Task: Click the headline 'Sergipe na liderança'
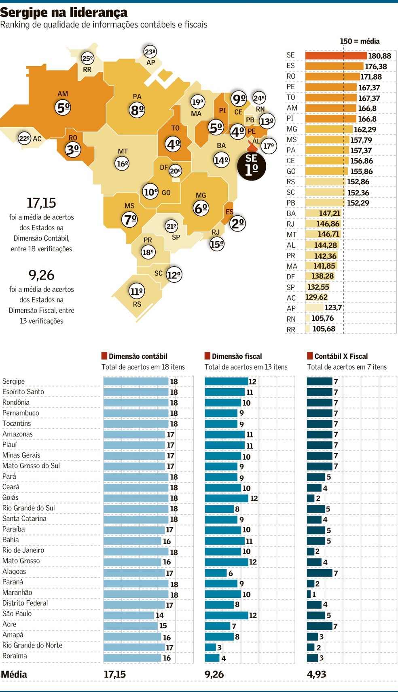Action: (64, 12)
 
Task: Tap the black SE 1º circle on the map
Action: (251, 166)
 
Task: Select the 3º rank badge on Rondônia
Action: (73, 150)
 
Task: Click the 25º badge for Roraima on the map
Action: (87, 58)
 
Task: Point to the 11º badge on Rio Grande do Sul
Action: (137, 291)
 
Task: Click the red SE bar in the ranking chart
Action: (336, 56)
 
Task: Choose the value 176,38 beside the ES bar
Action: (376, 66)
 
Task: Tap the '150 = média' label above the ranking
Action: (359, 41)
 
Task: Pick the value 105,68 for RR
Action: (324, 329)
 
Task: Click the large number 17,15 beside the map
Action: (41, 203)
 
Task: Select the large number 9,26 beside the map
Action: (41, 275)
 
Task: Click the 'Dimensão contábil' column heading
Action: (138, 356)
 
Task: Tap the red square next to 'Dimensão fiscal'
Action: (207, 356)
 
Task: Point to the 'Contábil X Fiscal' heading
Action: (341, 356)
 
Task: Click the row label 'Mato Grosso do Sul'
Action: (31, 466)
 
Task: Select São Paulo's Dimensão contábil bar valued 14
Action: (129, 615)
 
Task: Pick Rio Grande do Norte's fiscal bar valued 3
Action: (210, 647)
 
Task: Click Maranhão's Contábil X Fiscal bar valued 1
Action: (309, 594)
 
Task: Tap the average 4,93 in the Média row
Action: (316, 674)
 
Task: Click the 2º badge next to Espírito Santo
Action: (237, 223)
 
